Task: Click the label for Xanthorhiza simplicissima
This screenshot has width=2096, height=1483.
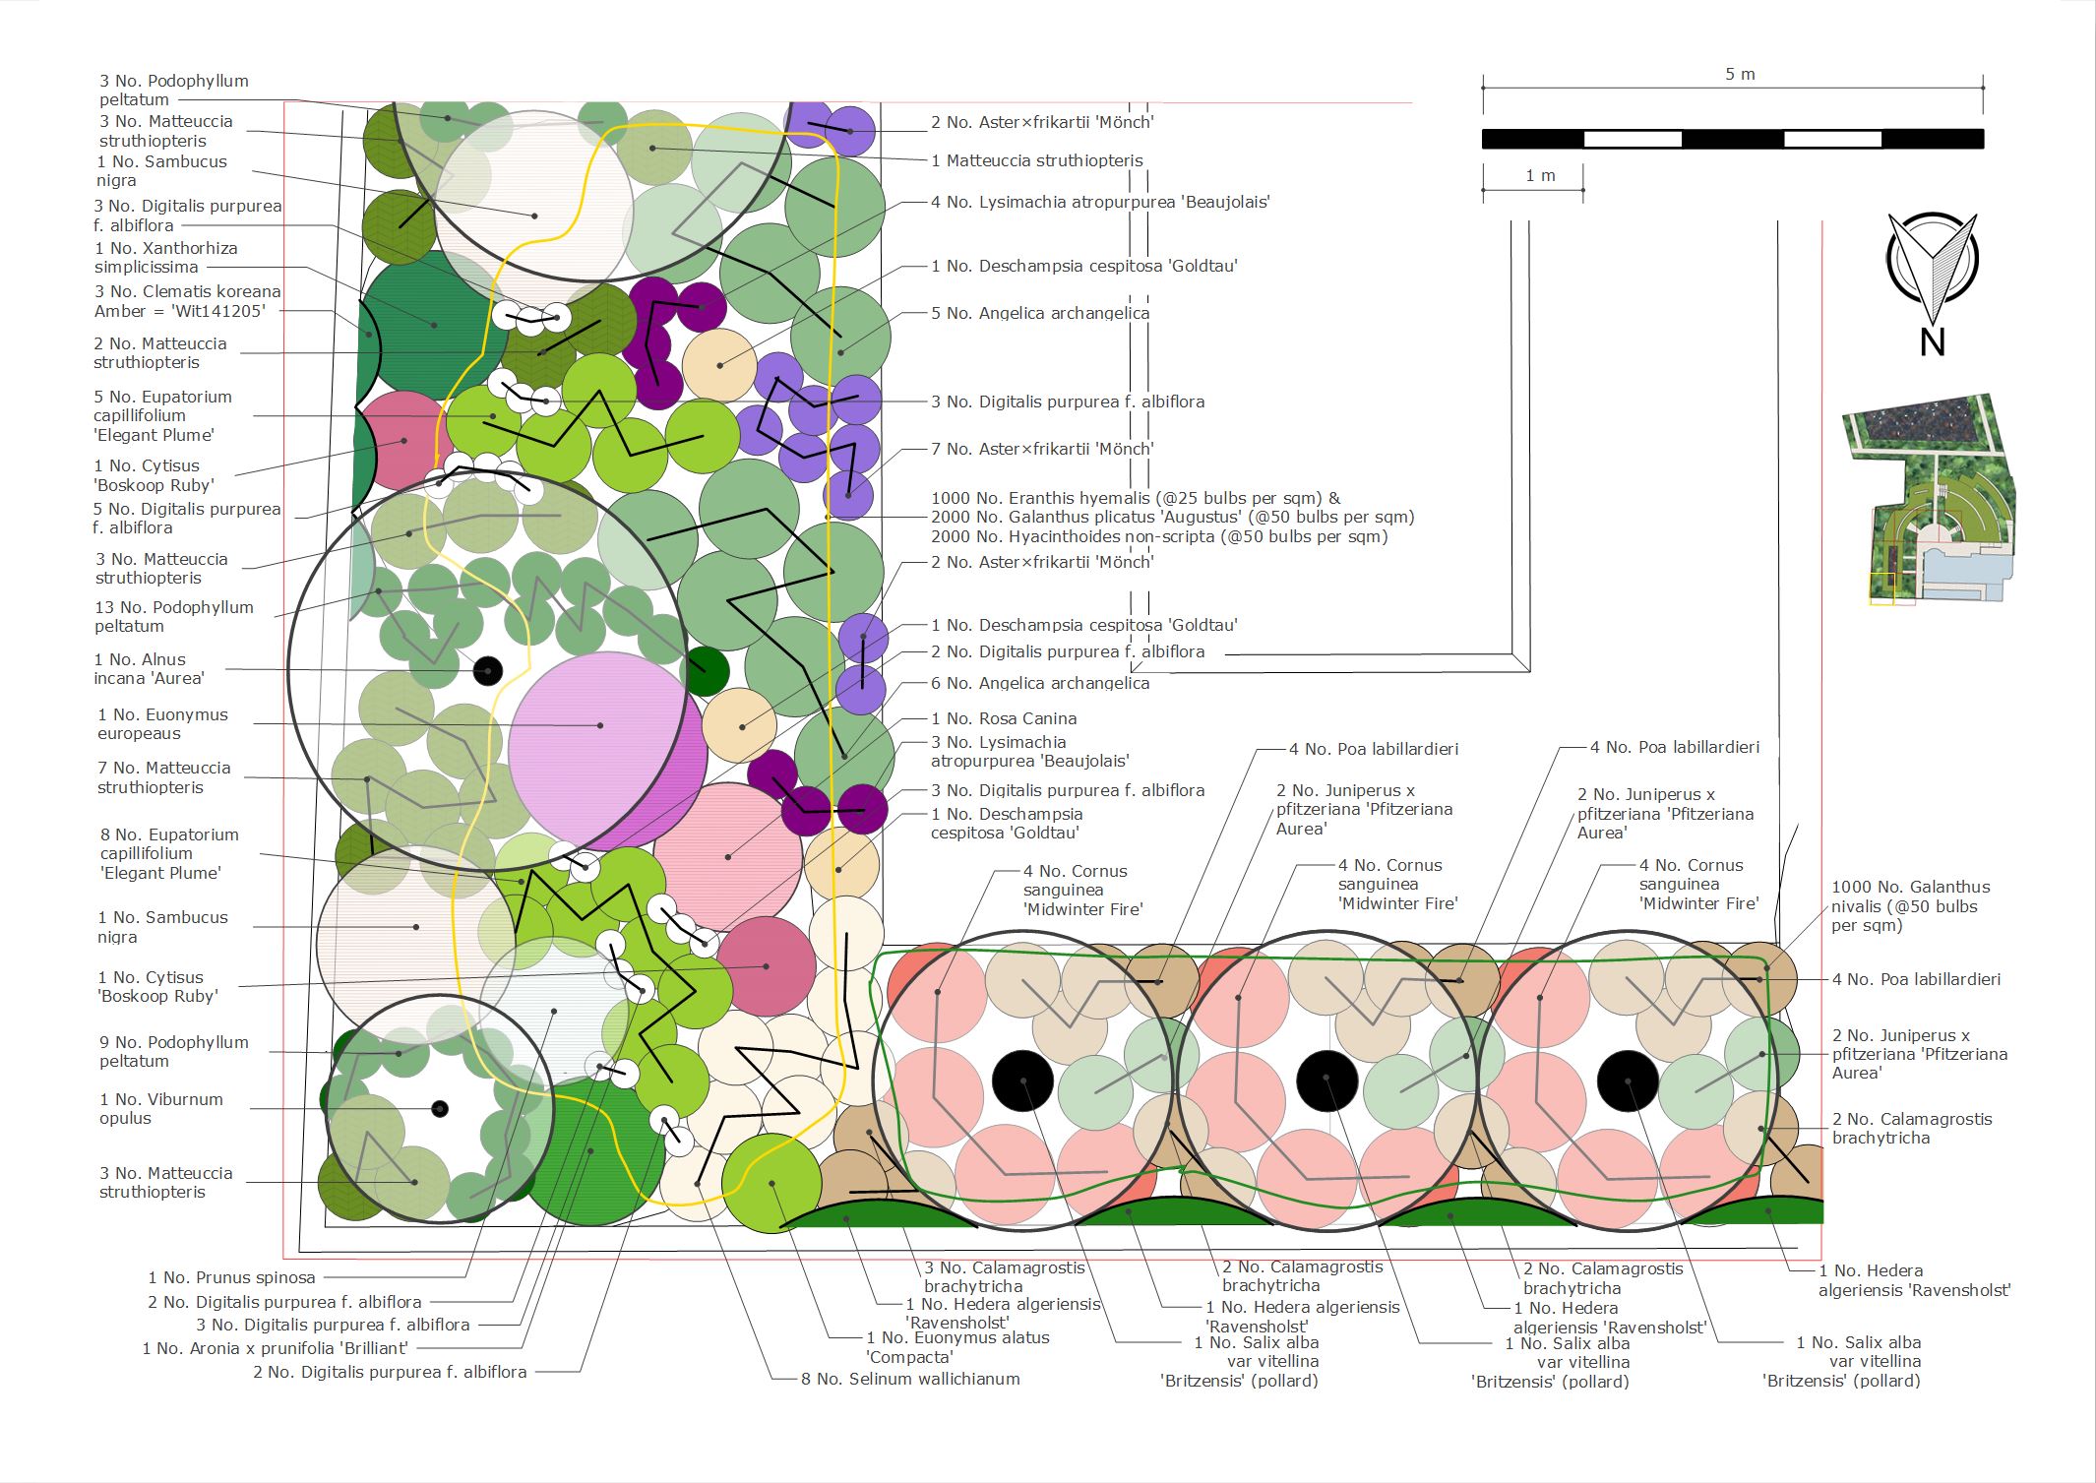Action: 165,258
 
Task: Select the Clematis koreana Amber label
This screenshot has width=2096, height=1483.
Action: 188,301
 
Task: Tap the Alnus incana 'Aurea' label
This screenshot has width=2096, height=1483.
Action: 150,669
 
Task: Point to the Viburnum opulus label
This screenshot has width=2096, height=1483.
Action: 160,1108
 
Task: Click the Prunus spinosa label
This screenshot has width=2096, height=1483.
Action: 231,1277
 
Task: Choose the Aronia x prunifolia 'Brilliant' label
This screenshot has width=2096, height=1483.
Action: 276,1348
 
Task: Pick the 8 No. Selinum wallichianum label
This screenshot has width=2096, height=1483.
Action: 910,1379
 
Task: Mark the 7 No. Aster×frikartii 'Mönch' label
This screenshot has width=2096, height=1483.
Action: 1042,449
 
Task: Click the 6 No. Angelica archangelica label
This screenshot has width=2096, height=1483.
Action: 1040,683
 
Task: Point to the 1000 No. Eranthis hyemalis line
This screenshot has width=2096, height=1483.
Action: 1136,498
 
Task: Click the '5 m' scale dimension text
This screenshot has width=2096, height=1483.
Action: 1740,74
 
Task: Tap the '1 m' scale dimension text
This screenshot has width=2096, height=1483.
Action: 1540,175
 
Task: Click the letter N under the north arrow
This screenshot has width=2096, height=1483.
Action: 1933,342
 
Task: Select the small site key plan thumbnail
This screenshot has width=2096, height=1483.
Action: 1928,499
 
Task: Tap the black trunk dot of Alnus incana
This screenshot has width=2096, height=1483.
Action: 488,671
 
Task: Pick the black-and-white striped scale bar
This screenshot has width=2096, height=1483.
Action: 1733,139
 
